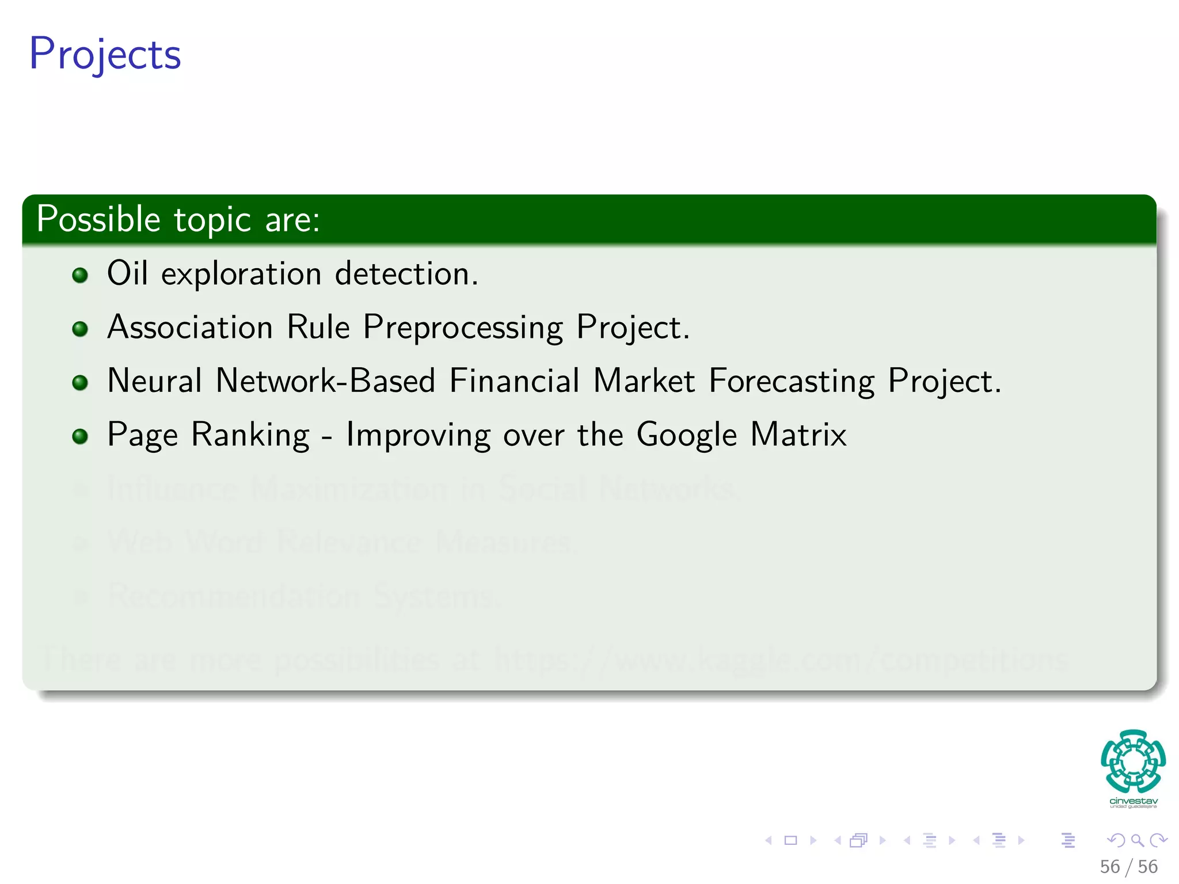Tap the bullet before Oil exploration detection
80,275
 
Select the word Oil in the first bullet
127,273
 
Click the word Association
190,327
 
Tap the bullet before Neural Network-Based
80,383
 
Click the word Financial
514,381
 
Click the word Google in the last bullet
686,436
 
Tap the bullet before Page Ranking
80,436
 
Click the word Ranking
250,436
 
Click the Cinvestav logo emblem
1133,762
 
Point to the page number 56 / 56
1128,867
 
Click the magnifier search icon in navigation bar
1137,841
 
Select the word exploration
241,275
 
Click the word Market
644,381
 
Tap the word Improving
418,436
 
